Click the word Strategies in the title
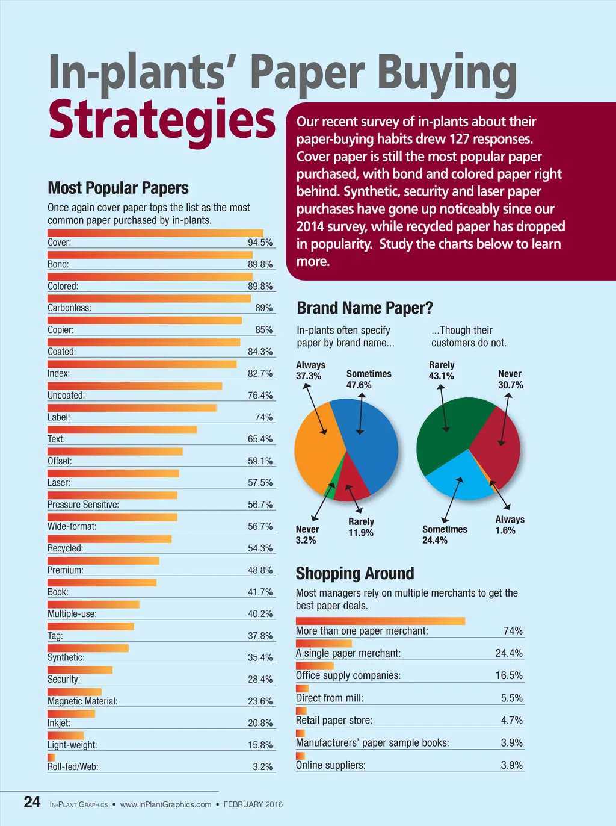tap(161, 120)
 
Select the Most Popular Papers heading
tap(118, 188)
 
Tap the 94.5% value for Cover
tap(260, 243)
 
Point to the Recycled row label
tap(66, 548)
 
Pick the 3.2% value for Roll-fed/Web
tap(262, 767)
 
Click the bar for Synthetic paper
tap(88, 648)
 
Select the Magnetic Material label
tap(82, 701)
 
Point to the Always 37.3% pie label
tap(310, 370)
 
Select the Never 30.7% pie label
tap(510, 379)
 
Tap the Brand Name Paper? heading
tap(365, 308)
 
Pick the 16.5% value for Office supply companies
tap(509, 675)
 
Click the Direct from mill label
tap(329, 698)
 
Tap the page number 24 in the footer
tap(32, 802)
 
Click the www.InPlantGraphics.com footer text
tap(165, 804)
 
